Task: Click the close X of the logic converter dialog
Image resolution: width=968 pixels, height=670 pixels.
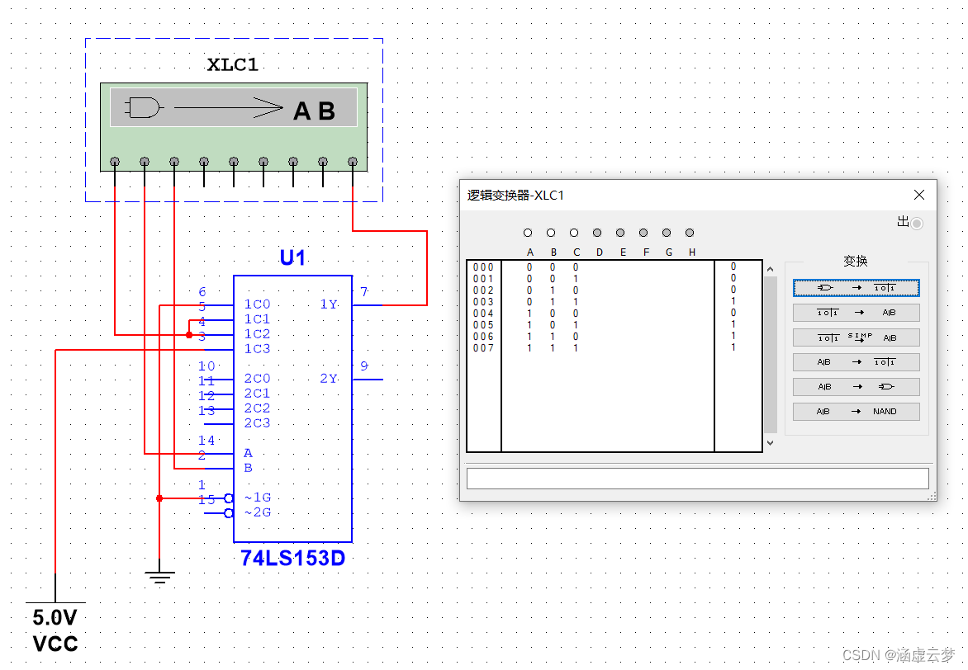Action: coord(919,196)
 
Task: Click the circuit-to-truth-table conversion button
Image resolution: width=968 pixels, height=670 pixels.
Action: coord(856,288)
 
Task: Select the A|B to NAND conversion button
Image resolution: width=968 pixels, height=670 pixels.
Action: coord(856,411)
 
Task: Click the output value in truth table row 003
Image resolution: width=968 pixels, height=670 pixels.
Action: coord(733,301)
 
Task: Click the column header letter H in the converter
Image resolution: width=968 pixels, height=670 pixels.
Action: coord(692,252)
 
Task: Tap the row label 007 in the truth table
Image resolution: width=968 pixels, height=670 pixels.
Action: coord(483,347)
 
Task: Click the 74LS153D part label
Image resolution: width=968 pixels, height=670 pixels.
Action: coord(292,559)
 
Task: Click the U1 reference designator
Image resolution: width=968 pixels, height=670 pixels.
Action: coord(292,258)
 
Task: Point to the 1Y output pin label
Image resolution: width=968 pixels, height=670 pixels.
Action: coord(329,304)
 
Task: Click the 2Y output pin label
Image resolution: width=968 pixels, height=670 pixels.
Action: coord(329,379)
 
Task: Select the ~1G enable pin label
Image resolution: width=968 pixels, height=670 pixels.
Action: coord(257,498)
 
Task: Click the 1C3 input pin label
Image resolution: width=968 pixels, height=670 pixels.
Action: coord(257,349)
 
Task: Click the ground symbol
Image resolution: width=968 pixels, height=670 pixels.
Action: coord(159,577)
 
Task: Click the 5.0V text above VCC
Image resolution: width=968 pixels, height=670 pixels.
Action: coord(55,617)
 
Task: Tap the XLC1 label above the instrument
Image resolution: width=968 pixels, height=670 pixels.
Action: coord(233,66)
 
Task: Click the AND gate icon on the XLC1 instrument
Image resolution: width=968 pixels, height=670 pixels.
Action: coord(144,107)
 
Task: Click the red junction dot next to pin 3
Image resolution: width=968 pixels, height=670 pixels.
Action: coord(189,335)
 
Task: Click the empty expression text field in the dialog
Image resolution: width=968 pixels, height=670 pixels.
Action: coord(697,479)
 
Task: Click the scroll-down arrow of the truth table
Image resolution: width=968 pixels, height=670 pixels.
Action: coord(770,443)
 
